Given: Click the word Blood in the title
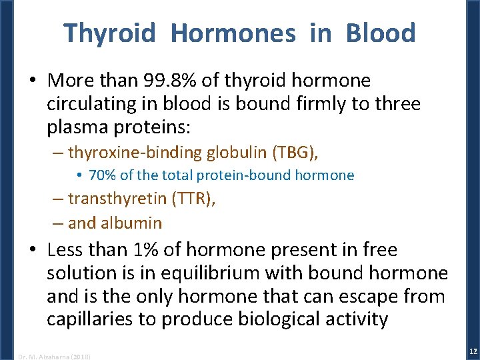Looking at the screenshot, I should point(380,33).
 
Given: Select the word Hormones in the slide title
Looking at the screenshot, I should point(233,33).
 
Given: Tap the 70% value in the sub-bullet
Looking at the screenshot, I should point(102,176).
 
